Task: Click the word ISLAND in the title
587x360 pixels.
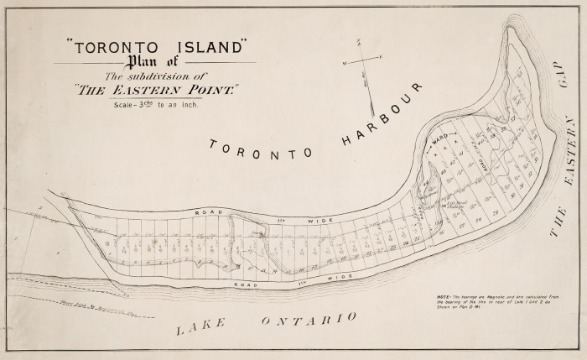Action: pos(204,47)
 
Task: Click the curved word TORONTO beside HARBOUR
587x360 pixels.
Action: pos(261,149)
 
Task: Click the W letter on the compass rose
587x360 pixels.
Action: pos(343,64)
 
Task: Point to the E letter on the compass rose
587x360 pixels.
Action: pos(382,57)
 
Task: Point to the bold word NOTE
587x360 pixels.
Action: pos(443,297)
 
